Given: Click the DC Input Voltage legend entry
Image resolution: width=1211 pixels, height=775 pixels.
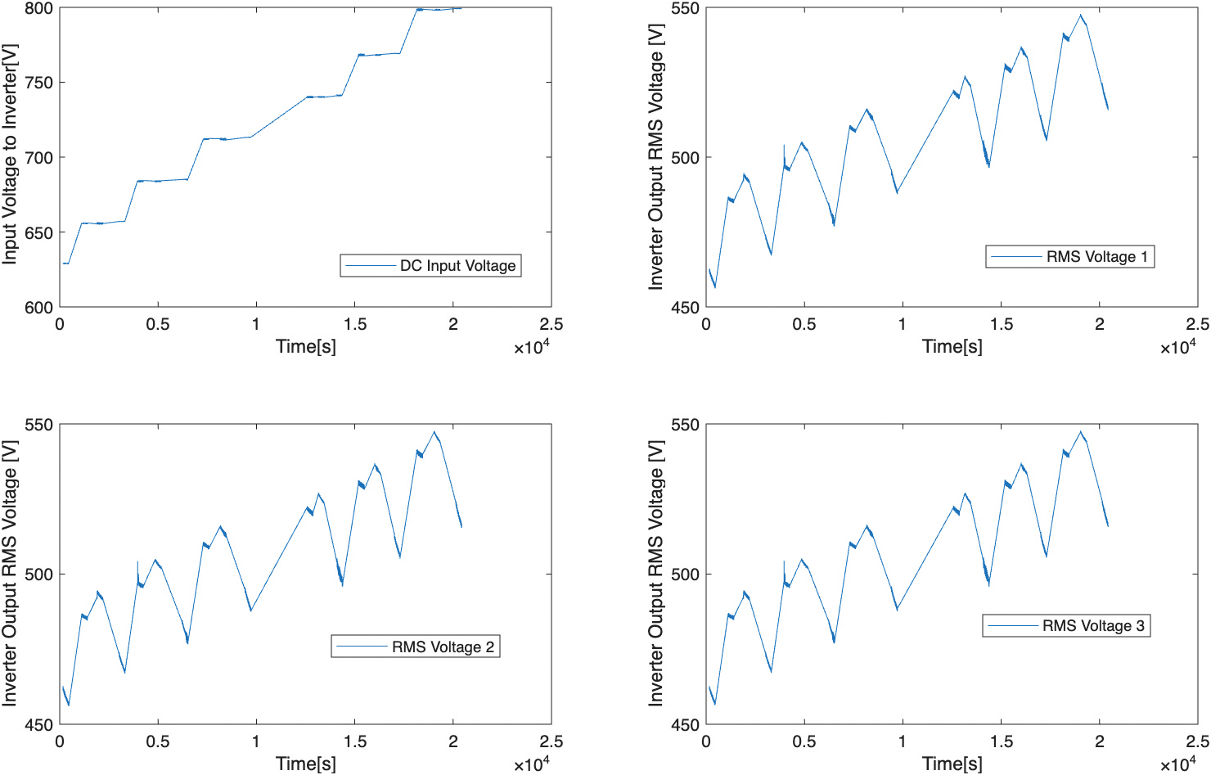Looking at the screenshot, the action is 431,265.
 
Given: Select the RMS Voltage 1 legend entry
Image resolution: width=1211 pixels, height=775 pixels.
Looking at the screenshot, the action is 1070,256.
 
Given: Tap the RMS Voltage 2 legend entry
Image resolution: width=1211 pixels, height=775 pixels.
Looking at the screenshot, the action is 416,647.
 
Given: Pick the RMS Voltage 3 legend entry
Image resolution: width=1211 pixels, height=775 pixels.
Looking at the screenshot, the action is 1067,626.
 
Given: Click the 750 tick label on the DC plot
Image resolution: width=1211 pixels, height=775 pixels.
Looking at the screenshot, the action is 39,83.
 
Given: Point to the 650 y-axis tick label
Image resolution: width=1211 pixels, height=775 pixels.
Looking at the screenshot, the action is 39,232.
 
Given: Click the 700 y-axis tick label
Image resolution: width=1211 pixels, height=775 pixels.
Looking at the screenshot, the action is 39,158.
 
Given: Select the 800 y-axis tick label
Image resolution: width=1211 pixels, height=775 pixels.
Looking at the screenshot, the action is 39,9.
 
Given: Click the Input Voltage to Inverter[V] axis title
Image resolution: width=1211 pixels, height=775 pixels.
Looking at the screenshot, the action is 10,155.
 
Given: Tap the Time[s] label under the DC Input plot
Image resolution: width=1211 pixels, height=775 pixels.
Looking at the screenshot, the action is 306,346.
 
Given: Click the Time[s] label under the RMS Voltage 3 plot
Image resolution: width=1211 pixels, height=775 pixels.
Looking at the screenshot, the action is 952,763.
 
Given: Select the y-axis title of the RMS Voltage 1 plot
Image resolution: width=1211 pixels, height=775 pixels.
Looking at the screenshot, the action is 655,157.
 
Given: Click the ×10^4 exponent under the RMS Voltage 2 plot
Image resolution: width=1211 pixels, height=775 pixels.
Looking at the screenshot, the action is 532,763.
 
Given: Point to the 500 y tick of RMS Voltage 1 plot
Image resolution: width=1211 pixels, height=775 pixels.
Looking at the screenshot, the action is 685,158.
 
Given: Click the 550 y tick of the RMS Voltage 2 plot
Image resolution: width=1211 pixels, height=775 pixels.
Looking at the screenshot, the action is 39,425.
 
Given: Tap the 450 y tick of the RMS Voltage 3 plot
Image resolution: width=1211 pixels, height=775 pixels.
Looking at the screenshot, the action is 685,725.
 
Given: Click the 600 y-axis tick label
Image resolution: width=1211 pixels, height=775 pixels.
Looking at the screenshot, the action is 39,308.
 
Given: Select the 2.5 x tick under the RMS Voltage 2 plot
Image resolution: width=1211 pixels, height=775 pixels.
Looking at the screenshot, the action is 551,741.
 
